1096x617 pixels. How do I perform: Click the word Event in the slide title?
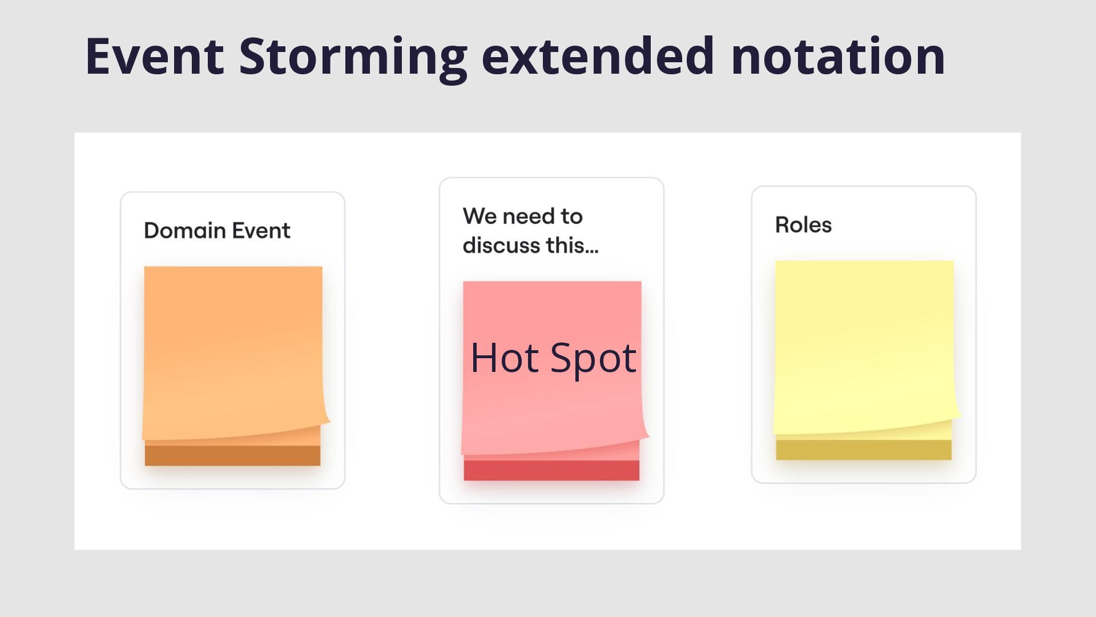tap(154, 56)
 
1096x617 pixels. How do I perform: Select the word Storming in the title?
tap(353, 59)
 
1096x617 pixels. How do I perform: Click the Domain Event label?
tap(217, 230)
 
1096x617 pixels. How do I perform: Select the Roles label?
tap(803, 225)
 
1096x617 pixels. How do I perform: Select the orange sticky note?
tap(233, 353)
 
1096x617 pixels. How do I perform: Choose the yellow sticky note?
tap(864, 347)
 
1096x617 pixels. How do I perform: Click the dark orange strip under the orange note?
tap(232, 455)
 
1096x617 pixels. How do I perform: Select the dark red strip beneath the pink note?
tap(551, 470)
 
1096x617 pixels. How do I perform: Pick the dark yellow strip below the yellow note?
tap(864, 450)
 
